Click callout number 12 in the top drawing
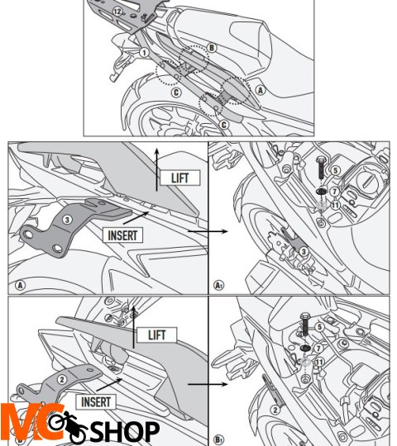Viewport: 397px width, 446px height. pos(118,12)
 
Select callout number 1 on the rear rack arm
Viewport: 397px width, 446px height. pos(144,51)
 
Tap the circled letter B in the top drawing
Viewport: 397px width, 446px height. pos(212,49)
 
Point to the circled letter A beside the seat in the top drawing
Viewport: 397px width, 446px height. pos(261,89)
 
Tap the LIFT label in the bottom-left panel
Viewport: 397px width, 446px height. pos(156,334)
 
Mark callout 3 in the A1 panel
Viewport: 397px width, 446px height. pos(303,251)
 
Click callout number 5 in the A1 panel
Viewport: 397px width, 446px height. pos(335,170)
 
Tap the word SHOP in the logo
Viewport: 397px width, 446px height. pos(124,431)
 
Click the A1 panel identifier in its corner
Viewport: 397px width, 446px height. pos(219,286)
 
